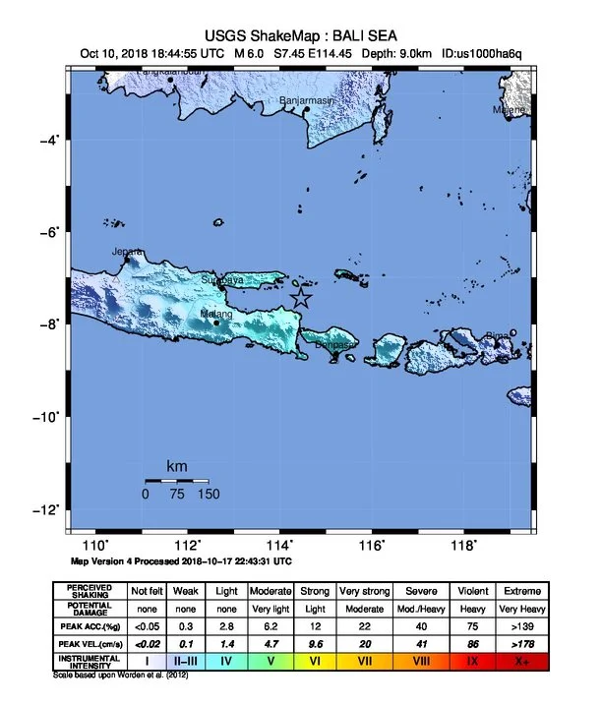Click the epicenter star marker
point(301,299)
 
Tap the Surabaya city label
point(221,280)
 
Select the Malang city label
point(216,315)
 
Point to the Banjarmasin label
point(308,100)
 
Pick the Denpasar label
point(335,345)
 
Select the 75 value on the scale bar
point(176,495)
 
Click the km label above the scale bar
point(176,466)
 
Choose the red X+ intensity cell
point(520,661)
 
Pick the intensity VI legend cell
point(316,661)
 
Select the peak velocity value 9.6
point(316,643)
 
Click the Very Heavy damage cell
point(520,609)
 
